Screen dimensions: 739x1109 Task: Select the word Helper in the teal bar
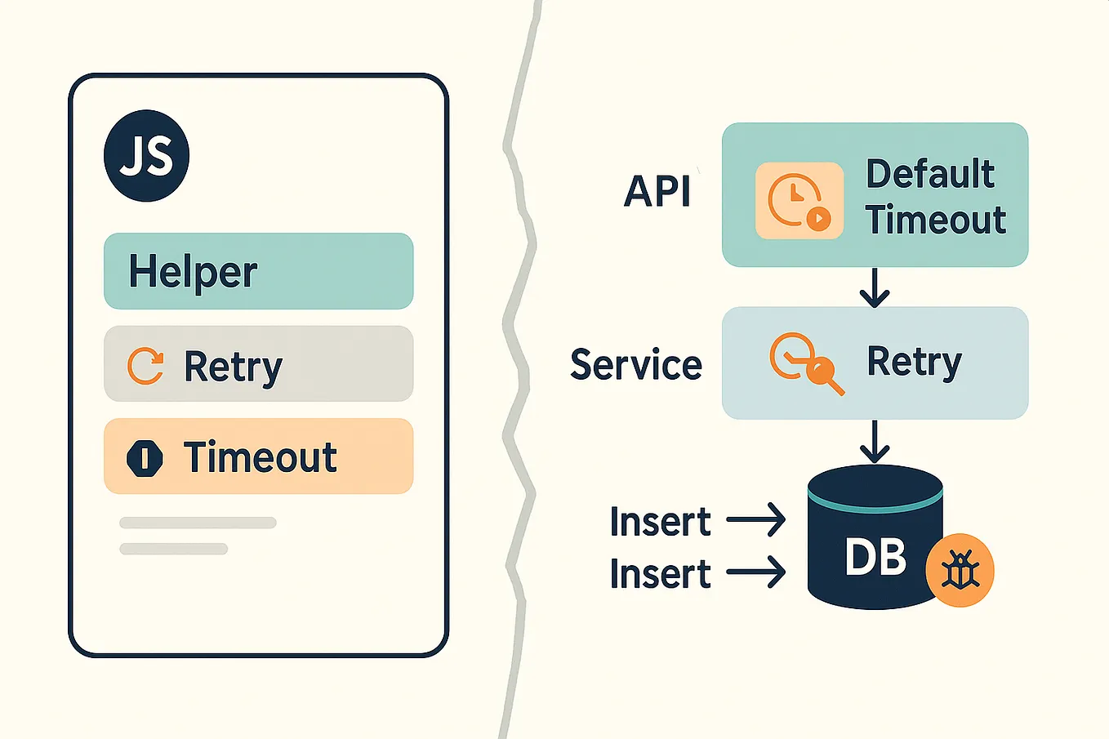click(x=193, y=272)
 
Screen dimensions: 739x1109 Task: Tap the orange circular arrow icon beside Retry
click(x=145, y=365)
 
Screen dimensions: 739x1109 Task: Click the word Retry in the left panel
click(x=233, y=366)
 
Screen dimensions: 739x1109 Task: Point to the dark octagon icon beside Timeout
click(x=145, y=457)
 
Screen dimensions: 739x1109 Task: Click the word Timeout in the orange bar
click(x=260, y=456)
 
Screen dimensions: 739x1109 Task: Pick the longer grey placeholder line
click(x=198, y=523)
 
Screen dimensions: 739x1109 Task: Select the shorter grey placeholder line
click(x=173, y=549)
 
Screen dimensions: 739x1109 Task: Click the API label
click(x=657, y=193)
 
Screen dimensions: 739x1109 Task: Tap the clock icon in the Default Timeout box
click(x=799, y=200)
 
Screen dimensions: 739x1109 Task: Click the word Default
click(x=930, y=174)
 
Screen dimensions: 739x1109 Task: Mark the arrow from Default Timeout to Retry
click(x=875, y=287)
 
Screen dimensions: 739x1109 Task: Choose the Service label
click(x=636, y=364)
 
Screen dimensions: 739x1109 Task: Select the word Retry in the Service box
click(x=914, y=362)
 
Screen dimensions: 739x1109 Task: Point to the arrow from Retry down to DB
click(x=875, y=442)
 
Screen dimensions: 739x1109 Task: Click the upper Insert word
click(x=660, y=522)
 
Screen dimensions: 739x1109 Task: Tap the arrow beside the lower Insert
click(x=755, y=573)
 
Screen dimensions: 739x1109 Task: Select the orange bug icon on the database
click(x=960, y=571)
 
